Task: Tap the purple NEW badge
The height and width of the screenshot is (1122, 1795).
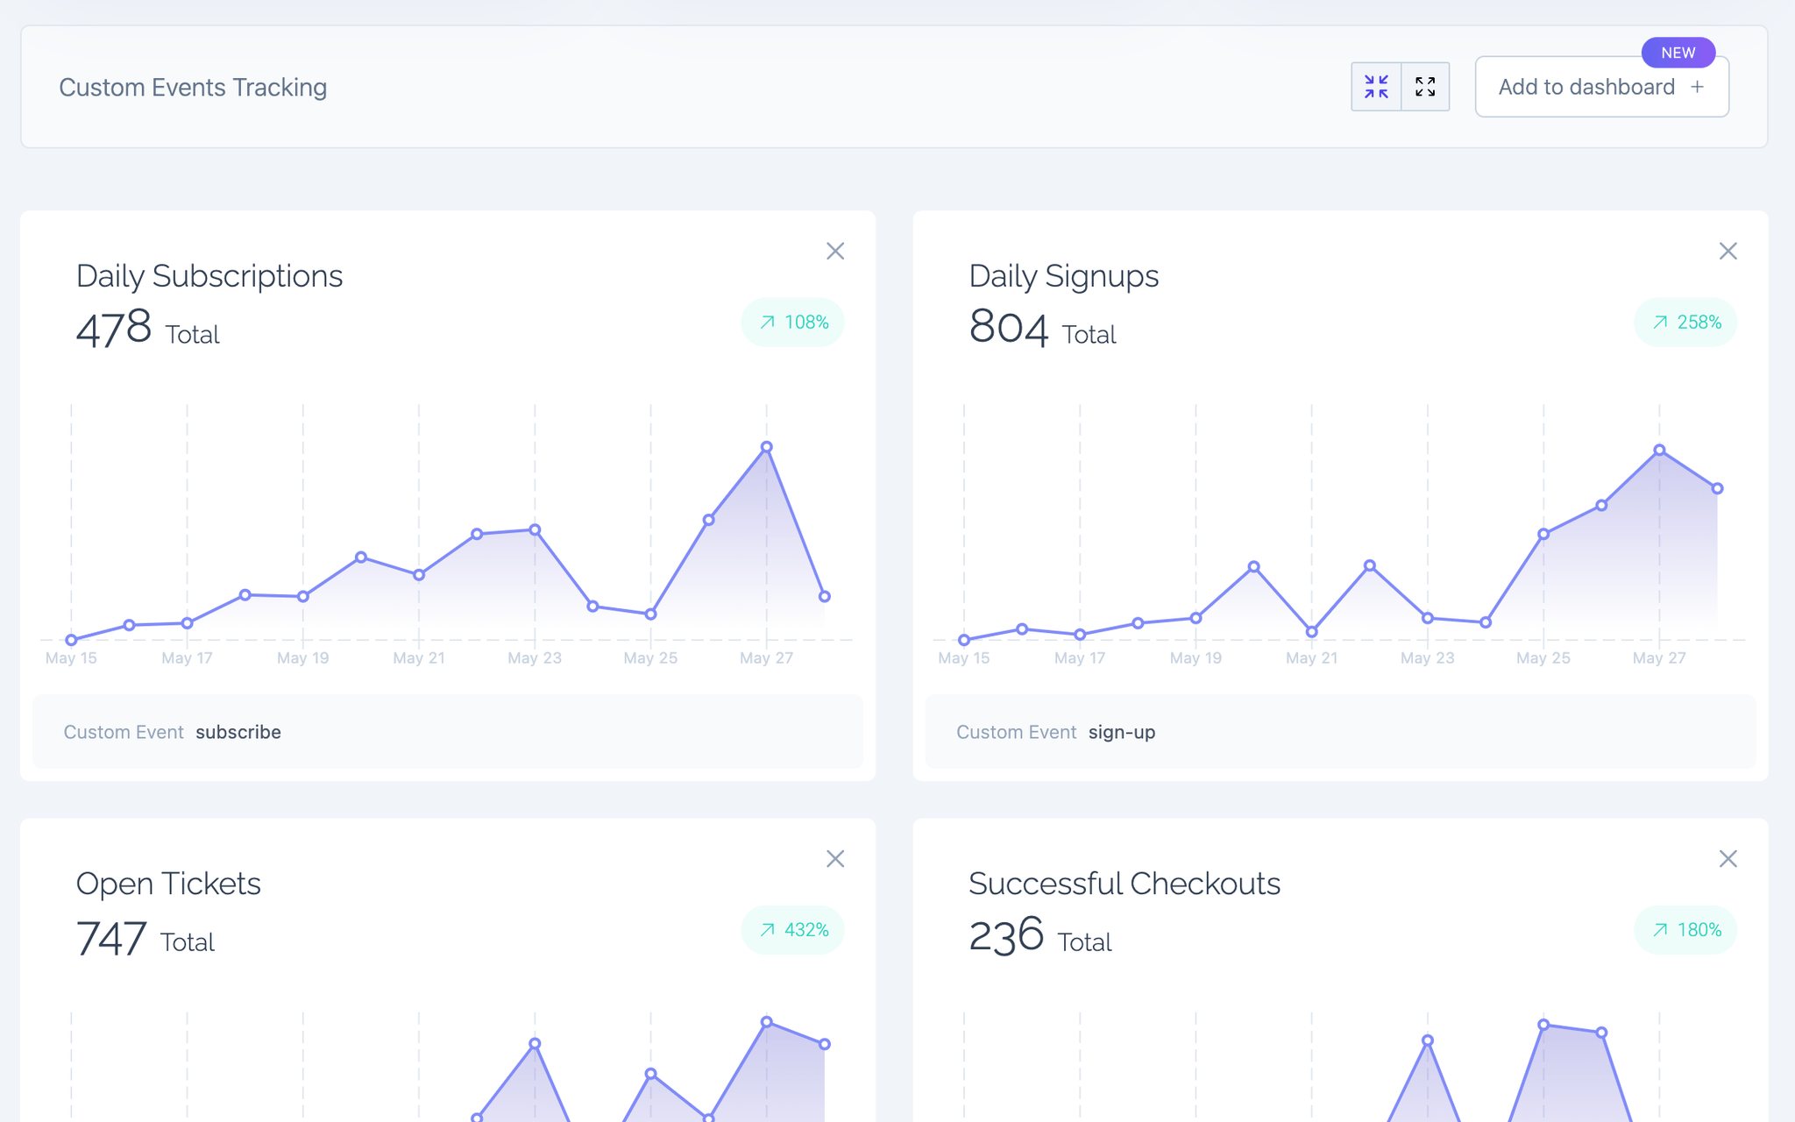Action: (x=1678, y=53)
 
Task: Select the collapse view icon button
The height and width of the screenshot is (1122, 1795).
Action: (x=1376, y=87)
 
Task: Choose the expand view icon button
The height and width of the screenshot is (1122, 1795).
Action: (x=1425, y=87)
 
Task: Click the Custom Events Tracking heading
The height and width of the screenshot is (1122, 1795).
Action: (x=193, y=88)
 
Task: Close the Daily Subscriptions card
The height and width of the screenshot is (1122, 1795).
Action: (x=835, y=252)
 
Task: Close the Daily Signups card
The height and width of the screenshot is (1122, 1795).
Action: (x=1728, y=252)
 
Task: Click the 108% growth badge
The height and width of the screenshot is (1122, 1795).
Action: (x=793, y=323)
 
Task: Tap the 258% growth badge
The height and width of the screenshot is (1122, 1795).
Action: (x=1685, y=323)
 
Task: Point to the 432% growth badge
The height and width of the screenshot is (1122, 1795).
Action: (x=793, y=930)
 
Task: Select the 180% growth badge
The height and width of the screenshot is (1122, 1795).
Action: (x=1685, y=930)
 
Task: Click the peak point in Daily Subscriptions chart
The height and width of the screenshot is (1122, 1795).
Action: (x=767, y=447)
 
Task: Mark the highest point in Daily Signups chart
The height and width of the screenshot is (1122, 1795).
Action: (x=1659, y=450)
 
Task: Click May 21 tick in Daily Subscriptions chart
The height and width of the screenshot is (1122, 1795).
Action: (x=419, y=658)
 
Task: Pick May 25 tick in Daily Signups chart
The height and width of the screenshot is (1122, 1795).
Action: (x=1543, y=658)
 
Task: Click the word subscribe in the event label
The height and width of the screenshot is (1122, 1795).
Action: (x=238, y=732)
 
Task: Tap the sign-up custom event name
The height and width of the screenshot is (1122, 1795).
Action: (x=1122, y=732)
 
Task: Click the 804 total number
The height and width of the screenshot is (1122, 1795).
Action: (x=1009, y=328)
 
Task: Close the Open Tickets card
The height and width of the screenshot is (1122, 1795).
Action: (x=835, y=859)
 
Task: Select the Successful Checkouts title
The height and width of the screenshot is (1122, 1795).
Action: (x=1125, y=884)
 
